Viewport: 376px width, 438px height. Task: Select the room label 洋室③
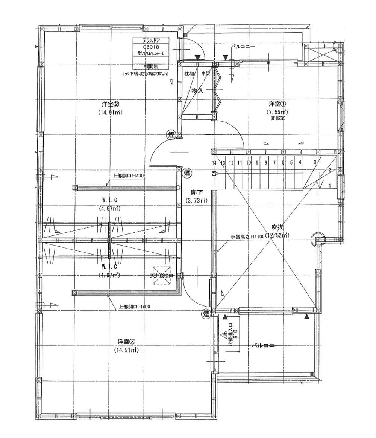coord(124,342)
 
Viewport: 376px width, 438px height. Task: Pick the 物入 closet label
coord(197,91)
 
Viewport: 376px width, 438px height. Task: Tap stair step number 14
coord(214,163)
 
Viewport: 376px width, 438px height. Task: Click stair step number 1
coord(330,185)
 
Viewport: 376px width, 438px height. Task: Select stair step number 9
coord(257,163)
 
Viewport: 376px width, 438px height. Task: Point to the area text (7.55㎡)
coord(278,112)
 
